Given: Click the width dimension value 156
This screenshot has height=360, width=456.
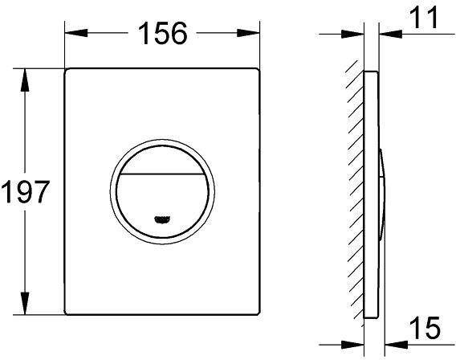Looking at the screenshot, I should point(163,33).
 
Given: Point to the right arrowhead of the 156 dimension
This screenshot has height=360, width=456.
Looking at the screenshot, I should point(256,34).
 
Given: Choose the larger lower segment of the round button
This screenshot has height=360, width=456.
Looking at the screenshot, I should point(163,197).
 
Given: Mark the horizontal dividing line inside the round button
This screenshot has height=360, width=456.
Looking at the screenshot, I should point(163,174).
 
